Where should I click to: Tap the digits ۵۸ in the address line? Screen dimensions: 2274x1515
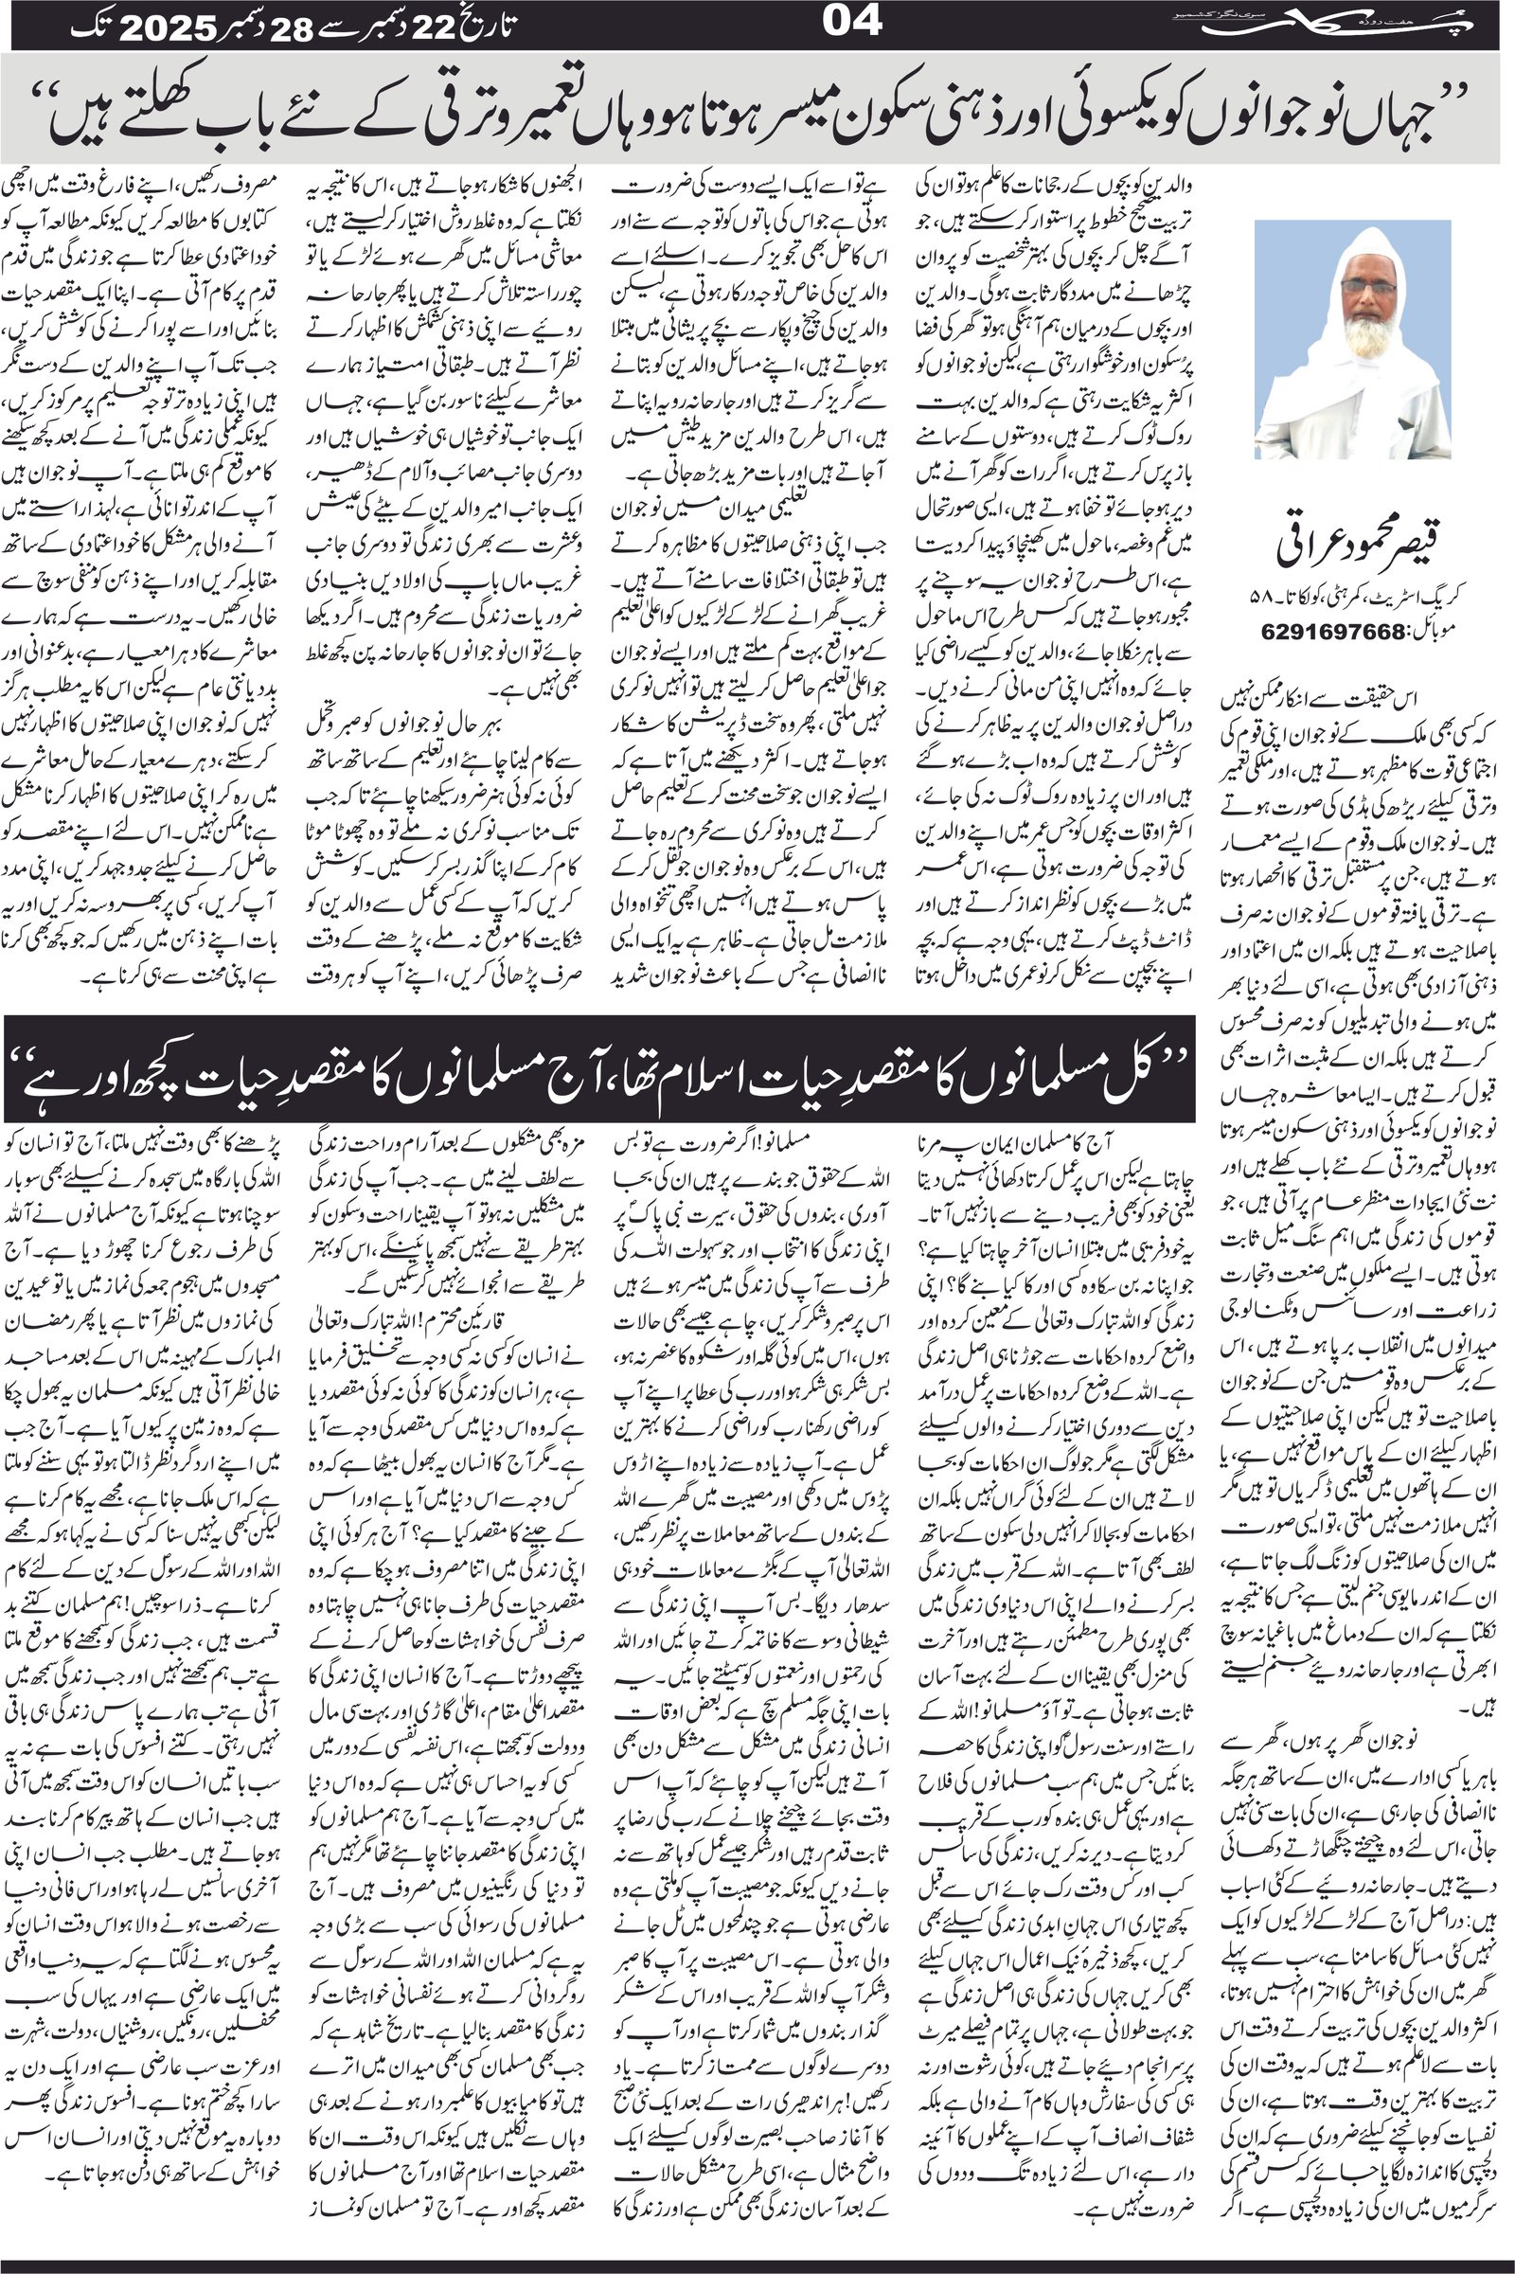[1274, 604]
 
